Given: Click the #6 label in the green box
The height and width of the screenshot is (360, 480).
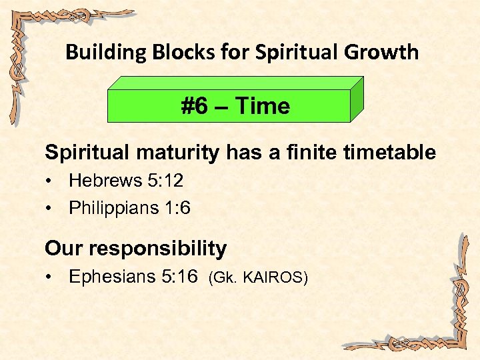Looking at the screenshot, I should pos(197,106).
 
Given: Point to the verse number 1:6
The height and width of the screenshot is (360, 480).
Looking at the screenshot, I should pos(177,208).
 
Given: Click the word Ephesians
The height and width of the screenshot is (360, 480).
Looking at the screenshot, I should pos(111,277).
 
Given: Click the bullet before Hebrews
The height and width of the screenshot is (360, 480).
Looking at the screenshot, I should pos(50,181).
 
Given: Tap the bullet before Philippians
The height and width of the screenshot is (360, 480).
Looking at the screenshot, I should pos(50,209).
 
